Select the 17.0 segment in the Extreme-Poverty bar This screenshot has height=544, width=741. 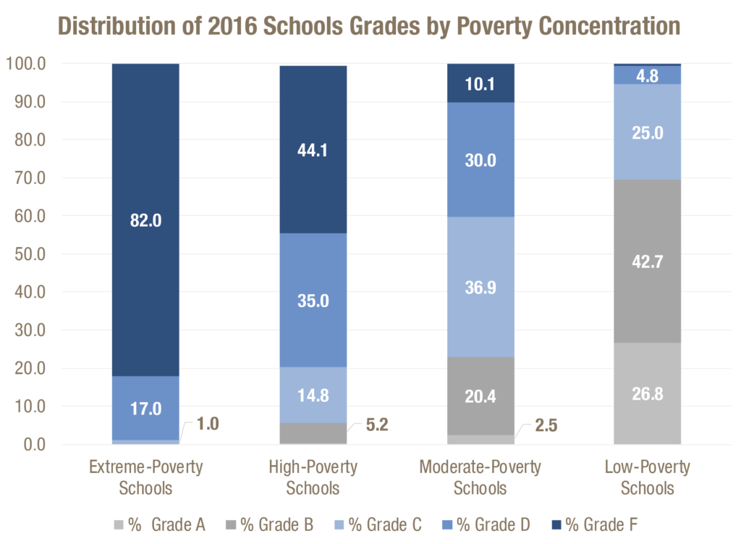[145, 408]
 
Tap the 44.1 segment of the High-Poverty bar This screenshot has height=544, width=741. [313, 150]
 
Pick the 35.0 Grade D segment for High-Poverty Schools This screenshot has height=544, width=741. [313, 300]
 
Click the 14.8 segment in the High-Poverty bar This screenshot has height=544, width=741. [313, 396]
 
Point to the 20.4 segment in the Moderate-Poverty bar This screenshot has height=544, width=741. [480, 396]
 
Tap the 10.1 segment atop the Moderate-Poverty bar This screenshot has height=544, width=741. [480, 84]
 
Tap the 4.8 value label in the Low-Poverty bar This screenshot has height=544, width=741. [648, 75]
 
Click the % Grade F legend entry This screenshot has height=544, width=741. [596, 524]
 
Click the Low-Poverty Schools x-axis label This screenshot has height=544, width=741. [648, 477]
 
